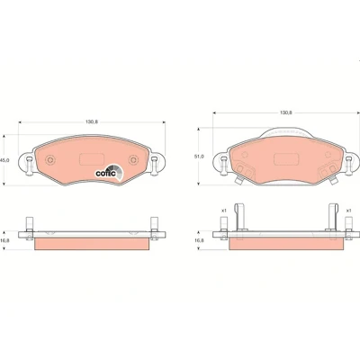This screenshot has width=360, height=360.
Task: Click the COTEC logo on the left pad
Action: tap(109, 173)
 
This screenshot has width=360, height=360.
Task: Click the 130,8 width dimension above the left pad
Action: tap(92, 122)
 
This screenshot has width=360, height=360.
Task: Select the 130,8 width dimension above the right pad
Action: tap(286, 112)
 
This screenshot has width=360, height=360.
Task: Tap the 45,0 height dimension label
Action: tap(4, 160)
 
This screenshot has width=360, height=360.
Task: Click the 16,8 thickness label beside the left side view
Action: tap(5, 240)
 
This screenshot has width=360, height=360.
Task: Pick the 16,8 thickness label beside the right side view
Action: tap(199, 240)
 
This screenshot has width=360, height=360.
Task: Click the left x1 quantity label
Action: tap(223, 211)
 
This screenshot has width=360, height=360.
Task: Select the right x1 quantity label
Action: tap(348, 211)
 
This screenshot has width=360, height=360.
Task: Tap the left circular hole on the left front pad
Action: tap(50, 160)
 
